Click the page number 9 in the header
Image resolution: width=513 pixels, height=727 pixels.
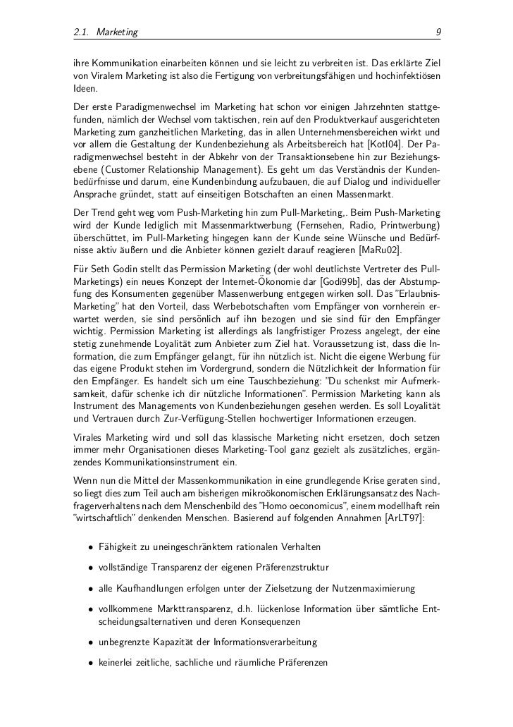point(438,32)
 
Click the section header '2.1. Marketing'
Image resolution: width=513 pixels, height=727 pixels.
point(105,32)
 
